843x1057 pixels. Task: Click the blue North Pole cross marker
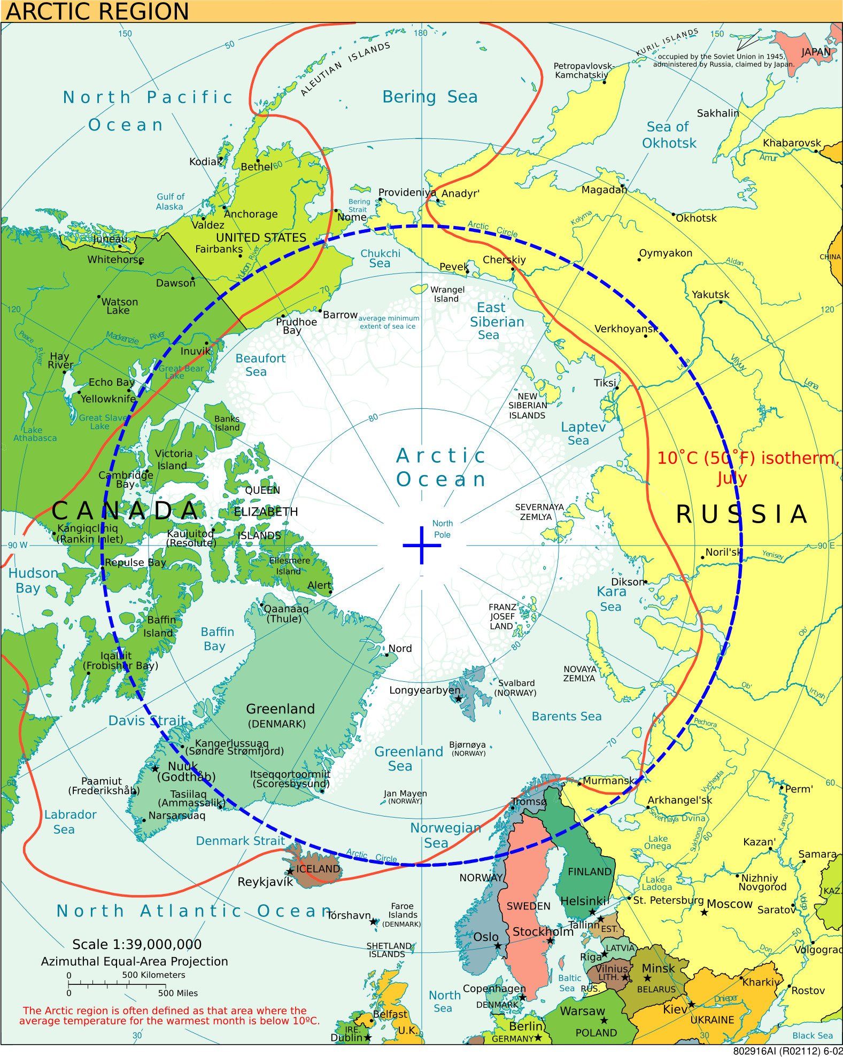422,545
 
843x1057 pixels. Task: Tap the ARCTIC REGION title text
97,11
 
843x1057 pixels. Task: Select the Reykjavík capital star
290,871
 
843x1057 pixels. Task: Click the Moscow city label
729,904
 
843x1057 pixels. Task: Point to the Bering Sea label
429,97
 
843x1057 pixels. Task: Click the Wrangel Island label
447,294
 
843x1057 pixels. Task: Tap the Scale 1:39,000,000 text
137,944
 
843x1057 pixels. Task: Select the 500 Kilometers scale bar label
153,975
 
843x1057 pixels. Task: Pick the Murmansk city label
608,781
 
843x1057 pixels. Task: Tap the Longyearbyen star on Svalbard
458,698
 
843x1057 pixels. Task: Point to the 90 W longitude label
17,545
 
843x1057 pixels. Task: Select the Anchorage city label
250,214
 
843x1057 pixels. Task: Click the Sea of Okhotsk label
668,135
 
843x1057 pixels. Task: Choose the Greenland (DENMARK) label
280,716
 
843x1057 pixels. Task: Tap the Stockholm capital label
543,932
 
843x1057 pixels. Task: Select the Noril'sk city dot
702,557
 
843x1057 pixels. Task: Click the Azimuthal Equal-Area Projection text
134,961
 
